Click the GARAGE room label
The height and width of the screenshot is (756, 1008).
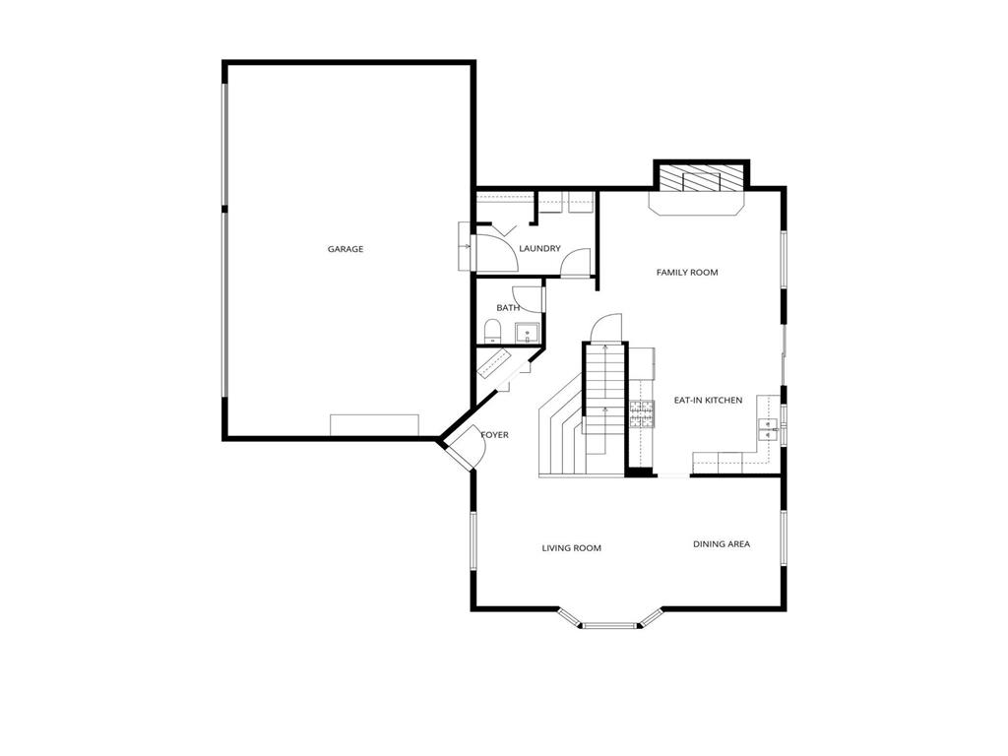[x=346, y=249]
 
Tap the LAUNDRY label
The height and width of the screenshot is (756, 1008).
[x=539, y=249]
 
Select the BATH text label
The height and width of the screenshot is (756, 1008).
[x=508, y=308]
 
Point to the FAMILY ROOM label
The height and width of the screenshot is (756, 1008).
[x=687, y=273]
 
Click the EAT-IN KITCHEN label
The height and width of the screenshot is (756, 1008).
[x=708, y=401]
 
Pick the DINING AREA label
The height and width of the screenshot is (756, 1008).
[x=722, y=544]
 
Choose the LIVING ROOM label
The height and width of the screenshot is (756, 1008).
[x=571, y=548]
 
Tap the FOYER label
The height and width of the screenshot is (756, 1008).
[x=495, y=435]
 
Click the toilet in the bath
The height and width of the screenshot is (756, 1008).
[x=493, y=331]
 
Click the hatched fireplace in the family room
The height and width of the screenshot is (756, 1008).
[x=701, y=179]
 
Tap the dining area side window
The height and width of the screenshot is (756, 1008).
[x=784, y=538]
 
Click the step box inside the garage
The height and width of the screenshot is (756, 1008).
[x=374, y=424]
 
